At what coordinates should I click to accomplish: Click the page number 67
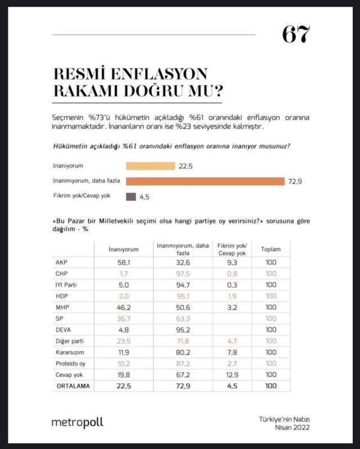pos(295,35)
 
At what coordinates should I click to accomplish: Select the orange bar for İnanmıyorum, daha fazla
pos(205,181)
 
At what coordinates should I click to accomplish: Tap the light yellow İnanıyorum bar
pos(150,166)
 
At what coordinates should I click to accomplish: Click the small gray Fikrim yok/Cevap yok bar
pos(131,196)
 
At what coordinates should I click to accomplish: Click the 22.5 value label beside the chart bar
pos(186,166)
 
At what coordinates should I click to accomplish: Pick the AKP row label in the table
pos(61,263)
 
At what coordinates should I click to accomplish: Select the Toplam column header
pos(270,249)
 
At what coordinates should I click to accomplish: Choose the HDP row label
pos(62,296)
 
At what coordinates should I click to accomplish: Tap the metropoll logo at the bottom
pos(77,422)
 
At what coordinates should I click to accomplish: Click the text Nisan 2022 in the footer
pos(293,428)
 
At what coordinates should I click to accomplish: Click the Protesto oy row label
pos(70,363)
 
